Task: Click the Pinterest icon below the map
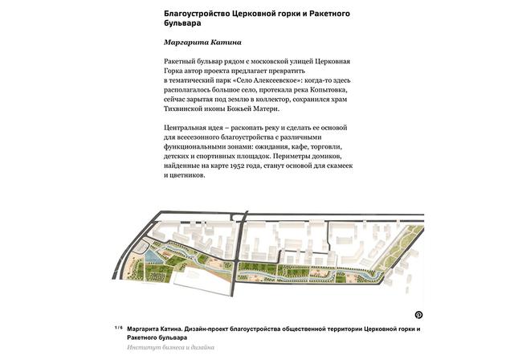418,315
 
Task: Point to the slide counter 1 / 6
118,328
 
